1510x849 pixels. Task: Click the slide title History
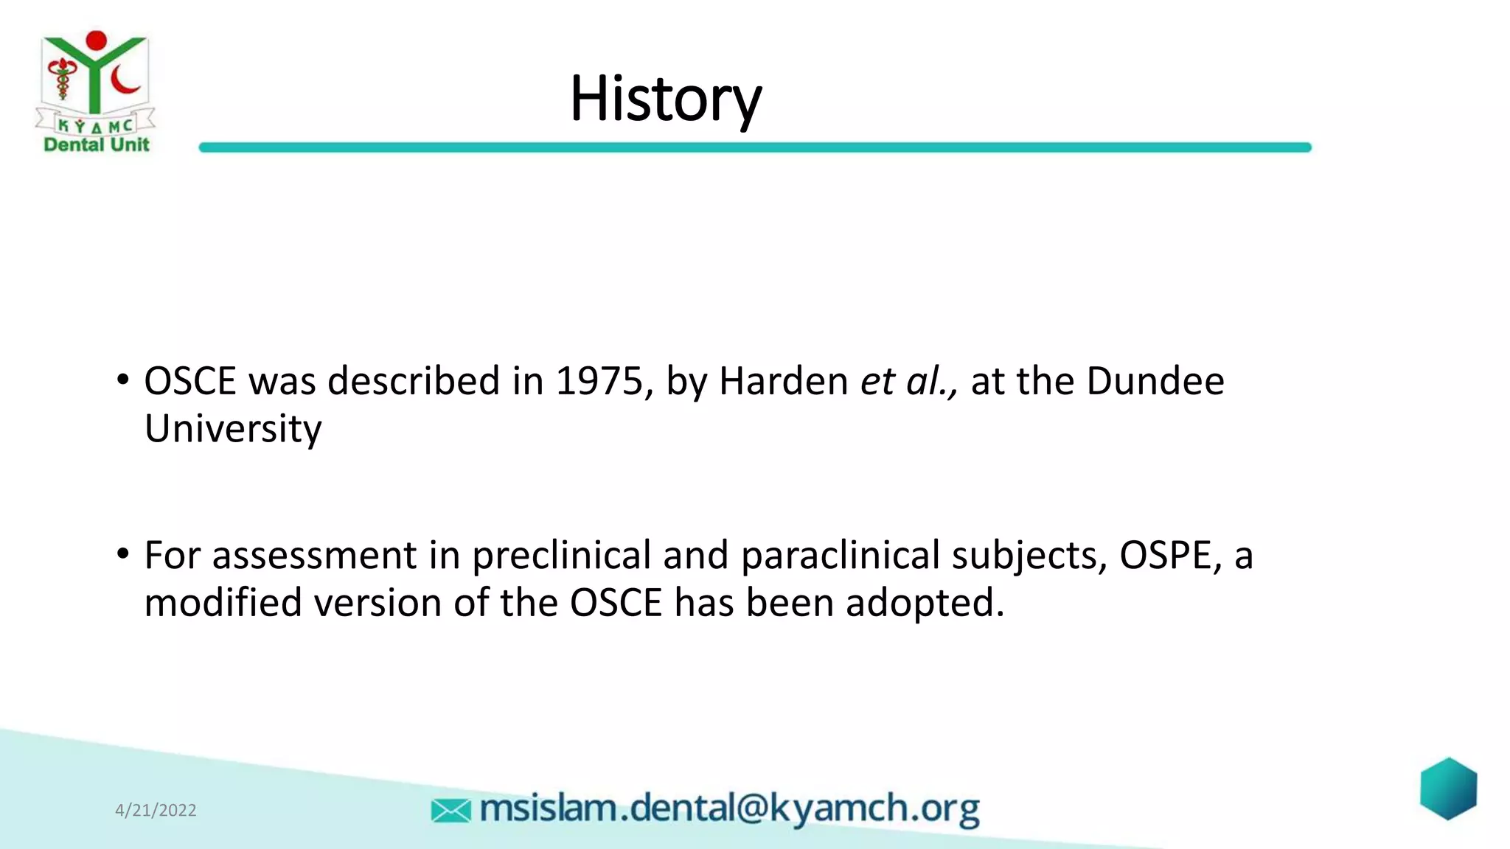point(665,99)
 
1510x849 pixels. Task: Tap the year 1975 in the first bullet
point(599,382)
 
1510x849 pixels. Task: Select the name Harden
point(783,382)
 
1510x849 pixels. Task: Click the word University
point(233,429)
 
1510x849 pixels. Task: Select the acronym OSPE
point(1166,556)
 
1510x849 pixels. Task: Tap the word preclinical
point(561,556)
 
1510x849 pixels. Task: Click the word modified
point(223,603)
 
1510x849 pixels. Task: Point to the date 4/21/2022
point(156,810)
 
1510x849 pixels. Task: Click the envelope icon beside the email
point(450,811)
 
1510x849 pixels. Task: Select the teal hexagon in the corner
point(1448,789)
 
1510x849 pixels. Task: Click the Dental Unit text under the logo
point(97,144)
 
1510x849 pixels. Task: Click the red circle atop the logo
point(96,41)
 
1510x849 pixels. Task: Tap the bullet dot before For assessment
point(123,554)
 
